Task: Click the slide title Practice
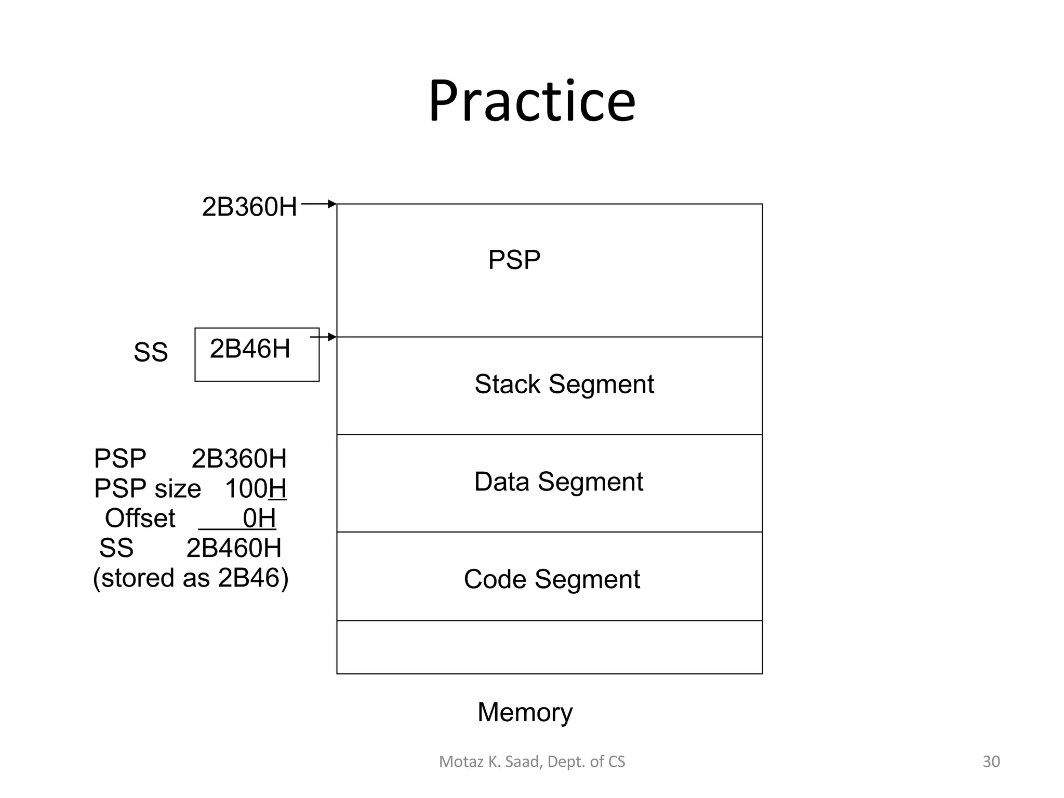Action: pyautogui.click(x=531, y=101)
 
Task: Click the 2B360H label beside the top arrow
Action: pyautogui.click(x=249, y=207)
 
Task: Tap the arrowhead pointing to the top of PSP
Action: pyautogui.click(x=332, y=204)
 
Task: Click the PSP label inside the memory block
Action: pyautogui.click(x=514, y=260)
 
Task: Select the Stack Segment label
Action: pyautogui.click(x=564, y=384)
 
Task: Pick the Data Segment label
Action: pyautogui.click(x=558, y=482)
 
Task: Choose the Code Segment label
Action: pyautogui.click(x=552, y=579)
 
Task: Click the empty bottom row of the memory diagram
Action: pyautogui.click(x=549, y=647)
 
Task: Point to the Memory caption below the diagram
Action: pyautogui.click(x=525, y=712)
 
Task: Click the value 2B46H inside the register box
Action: pyautogui.click(x=250, y=349)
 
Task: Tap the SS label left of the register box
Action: pyautogui.click(x=151, y=353)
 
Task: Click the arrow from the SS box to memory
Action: pyautogui.click(x=324, y=338)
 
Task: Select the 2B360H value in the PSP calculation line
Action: pyautogui.click(x=239, y=459)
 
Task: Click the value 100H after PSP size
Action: pyautogui.click(x=256, y=489)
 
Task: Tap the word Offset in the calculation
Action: pyautogui.click(x=140, y=518)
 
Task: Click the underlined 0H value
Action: pyautogui.click(x=259, y=518)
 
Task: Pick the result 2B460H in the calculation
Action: pyautogui.click(x=234, y=548)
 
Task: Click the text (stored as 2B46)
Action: pyautogui.click(x=191, y=578)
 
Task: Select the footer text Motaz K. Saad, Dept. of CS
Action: pyautogui.click(x=532, y=762)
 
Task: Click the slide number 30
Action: pyautogui.click(x=991, y=762)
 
